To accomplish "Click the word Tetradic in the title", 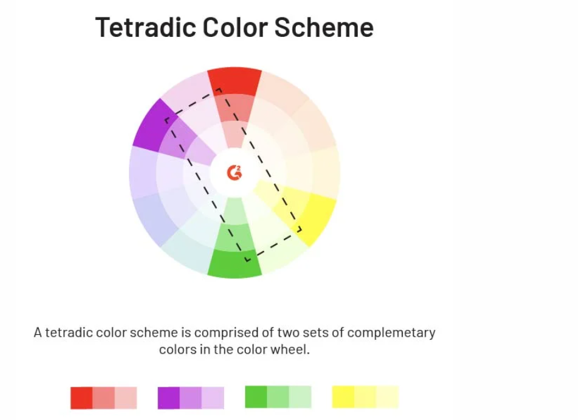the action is click(145, 28).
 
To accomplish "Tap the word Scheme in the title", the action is click(324, 28).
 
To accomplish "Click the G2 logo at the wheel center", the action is click(235, 173).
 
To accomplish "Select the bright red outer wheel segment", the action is click(235, 81).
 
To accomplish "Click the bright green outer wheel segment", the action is click(235, 264).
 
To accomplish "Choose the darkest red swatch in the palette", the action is click(81, 398).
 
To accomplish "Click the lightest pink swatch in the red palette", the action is click(126, 398).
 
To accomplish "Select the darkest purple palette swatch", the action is click(168, 398).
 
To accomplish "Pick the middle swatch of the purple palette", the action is click(191, 398).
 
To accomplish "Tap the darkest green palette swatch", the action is click(256, 397).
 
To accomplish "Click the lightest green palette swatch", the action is click(300, 397).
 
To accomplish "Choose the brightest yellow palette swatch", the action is click(343, 397).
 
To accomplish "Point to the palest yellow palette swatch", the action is click(387, 397).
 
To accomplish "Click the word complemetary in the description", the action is click(391, 333).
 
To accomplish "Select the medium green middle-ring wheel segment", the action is click(235, 237).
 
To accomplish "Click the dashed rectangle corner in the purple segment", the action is click(167, 120).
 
